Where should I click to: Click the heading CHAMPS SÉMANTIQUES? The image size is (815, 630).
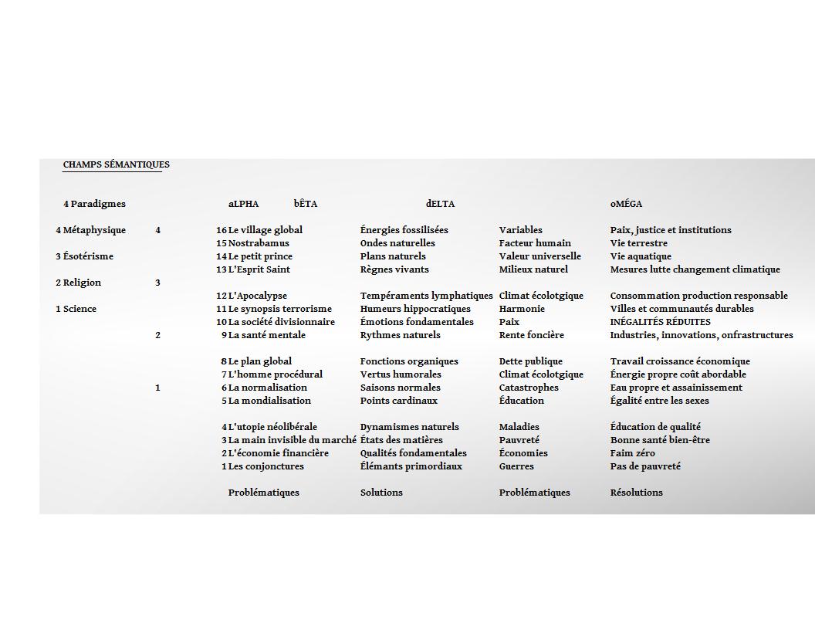point(116,164)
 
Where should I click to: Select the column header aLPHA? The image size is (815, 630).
point(243,204)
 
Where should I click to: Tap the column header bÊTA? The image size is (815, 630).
point(305,204)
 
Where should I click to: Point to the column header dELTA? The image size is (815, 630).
point(440,204)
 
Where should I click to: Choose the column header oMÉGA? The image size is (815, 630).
point(626,204)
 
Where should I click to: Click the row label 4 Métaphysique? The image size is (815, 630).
point(90,230)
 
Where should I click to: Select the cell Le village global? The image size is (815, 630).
point(265,230)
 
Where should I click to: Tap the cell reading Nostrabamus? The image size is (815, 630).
point(259,243)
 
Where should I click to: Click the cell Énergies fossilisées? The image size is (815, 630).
point(404,230)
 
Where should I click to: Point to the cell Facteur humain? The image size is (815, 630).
point(535,243)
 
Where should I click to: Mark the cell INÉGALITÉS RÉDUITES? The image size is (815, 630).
point(660,322)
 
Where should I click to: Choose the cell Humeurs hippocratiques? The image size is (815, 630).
point(415,309)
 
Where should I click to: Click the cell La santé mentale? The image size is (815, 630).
point(266,335)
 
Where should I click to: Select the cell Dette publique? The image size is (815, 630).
point(530,361)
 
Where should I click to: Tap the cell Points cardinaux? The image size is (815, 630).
point(398,401)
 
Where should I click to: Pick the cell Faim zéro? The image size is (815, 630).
point(632,453)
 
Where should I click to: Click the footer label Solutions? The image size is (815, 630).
point(381,493)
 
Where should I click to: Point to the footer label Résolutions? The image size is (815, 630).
point(636,493)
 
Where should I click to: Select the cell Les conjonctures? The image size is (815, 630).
point(265,466)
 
